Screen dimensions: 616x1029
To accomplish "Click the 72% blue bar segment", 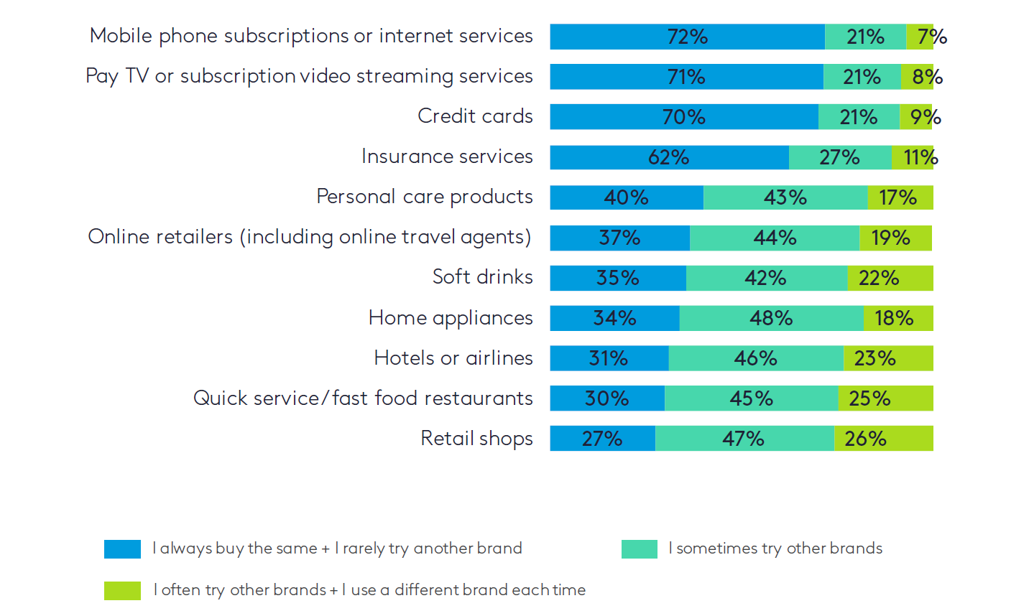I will pos(687,37).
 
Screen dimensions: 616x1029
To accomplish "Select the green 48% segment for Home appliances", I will pos(771,318).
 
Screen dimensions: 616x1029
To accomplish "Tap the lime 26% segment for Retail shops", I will pos(883,439).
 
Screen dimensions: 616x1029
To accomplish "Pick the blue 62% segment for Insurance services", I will pos(669,157).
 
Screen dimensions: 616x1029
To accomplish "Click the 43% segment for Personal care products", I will pos(785,197).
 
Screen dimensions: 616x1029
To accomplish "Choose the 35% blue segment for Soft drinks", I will pos(618,278).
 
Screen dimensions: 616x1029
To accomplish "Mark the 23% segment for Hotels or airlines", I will pos(888,358).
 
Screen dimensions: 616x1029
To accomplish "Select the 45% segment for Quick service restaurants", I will pos(751,398).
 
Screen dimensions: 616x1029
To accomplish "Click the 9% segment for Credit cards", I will pos(916,117).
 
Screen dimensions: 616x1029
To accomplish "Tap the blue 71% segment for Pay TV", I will pos(686,77).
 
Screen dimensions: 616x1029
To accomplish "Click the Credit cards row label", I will pos(475,116).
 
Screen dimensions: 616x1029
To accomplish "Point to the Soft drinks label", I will pos(482,277).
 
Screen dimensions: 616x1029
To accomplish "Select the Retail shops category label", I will pos(476,439).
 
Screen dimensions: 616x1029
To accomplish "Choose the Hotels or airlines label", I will pos(453,358).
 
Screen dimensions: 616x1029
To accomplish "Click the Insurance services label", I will pos(447,157).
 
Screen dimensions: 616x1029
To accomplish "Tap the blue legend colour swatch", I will pos(122,549).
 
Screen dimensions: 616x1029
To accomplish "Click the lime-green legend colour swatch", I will pos(122,590).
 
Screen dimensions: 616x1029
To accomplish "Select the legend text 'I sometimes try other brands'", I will pos(775,549).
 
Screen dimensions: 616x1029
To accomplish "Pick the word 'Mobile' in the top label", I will pos(121,36).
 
